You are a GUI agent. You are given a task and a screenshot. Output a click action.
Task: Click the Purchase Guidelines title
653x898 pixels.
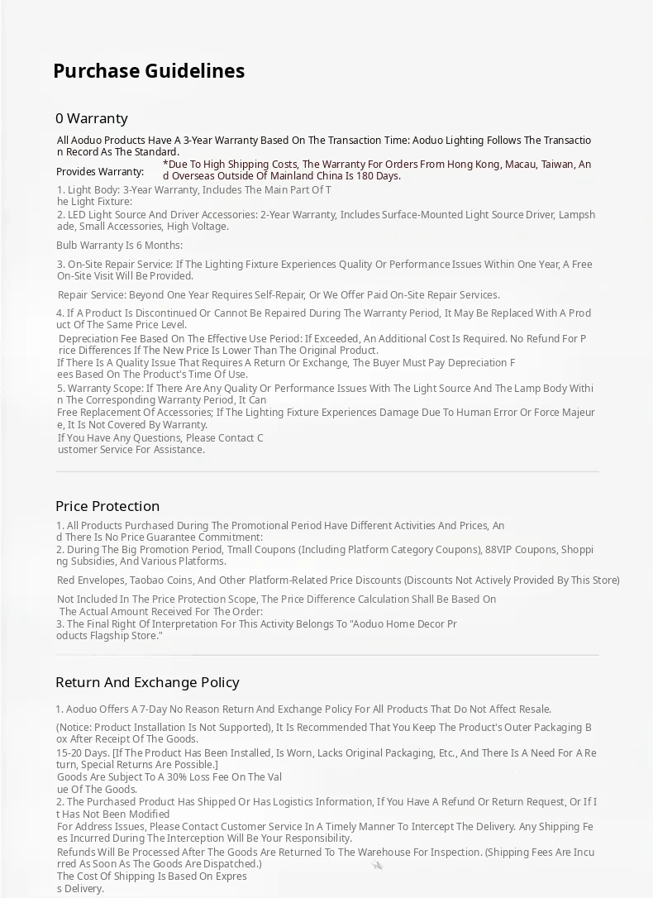(x=149, y=71)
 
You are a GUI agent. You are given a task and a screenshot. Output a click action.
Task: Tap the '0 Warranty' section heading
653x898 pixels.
(x=92, y=118)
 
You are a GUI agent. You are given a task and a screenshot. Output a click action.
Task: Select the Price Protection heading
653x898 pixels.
(x=107, y=506)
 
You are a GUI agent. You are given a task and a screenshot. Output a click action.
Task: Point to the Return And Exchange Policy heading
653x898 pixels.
(x=147, y=682)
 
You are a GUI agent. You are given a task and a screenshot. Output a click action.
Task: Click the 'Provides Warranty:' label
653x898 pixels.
(x=100, y=172)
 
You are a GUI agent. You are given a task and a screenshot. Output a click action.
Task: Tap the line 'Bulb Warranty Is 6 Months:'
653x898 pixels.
(x=120, y=246)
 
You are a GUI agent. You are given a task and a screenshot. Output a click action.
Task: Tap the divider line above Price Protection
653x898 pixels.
(x=327, y=472)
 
